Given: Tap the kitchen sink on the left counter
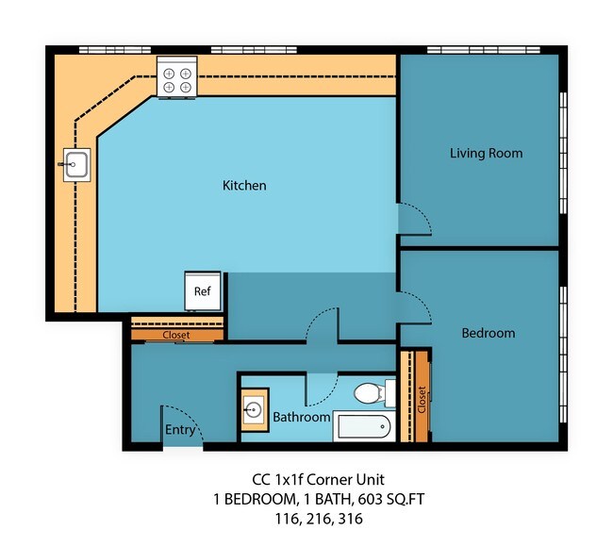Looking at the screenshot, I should pos(74,166).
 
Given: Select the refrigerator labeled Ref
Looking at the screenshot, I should pos(203,290).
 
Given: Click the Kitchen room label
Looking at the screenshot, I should pos(244,186).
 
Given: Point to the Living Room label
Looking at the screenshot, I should pos(486,153).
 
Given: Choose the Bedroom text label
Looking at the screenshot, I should pos(488,333).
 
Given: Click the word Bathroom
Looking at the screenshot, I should pos(301,417).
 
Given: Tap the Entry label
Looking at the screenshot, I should pos(180,430).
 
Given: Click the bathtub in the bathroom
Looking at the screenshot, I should pos(362,427).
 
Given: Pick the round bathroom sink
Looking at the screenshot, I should pos(254,409).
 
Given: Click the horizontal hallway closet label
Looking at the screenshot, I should pos(176,335).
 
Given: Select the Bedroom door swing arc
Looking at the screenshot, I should pos(415,306).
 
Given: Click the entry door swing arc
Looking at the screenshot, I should pos(180,420).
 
